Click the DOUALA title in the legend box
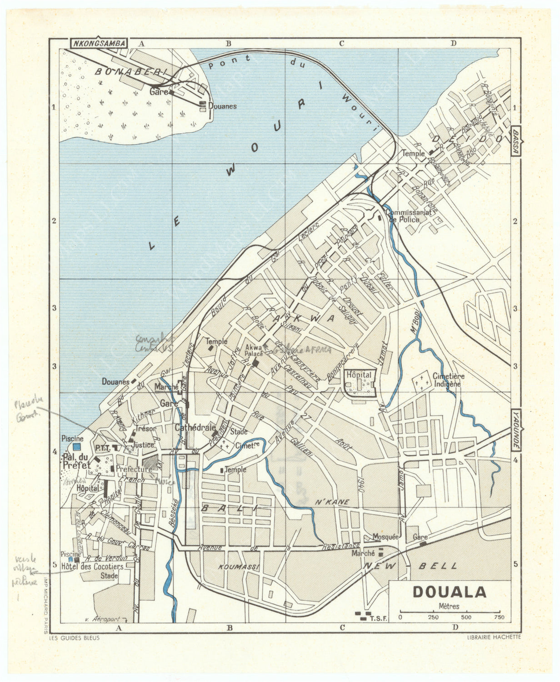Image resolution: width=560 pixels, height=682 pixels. point(449,592)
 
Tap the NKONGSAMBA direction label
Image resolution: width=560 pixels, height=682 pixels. point(99,43)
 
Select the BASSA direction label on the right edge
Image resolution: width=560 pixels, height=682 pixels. point(515,141)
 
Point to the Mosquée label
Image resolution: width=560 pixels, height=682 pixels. point(385,537)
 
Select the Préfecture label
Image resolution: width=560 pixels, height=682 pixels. point(134,469)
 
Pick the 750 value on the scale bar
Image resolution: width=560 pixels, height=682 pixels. point(499,617)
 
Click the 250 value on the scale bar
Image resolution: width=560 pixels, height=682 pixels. point(433,617)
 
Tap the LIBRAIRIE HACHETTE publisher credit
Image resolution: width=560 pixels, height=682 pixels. point(494,637)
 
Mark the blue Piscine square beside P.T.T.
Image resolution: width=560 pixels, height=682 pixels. point(75,447)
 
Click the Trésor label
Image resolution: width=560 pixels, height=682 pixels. point(146,428)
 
